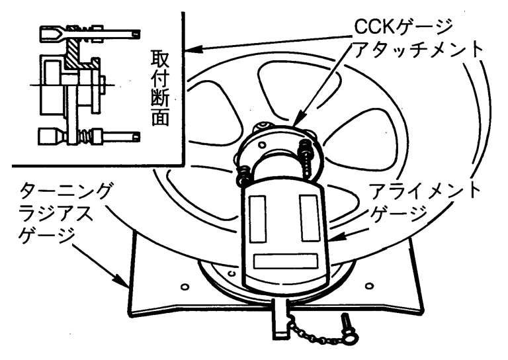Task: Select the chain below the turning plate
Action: [x=314, y=328]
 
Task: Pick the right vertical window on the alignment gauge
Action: [x=309, y=218]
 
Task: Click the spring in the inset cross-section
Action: [x=83, y=138]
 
